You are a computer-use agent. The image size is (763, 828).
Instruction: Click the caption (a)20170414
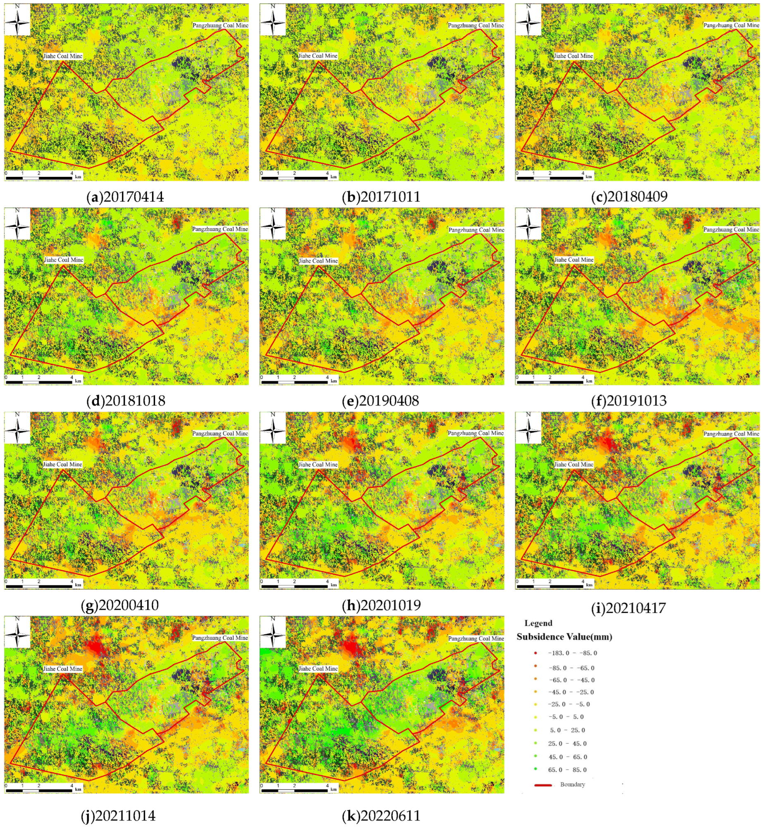[125, 197]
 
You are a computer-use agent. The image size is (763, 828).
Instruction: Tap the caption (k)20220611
[381, 816]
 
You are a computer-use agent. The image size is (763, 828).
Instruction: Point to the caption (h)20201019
[381, 605]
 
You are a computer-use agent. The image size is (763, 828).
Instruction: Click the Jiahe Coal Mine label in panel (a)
[63, 56]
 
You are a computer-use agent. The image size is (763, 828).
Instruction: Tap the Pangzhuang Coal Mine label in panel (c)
[731, 25]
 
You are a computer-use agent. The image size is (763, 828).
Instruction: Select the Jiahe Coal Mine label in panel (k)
[318, 668]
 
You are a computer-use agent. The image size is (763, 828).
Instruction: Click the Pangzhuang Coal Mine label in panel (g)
[220, 433]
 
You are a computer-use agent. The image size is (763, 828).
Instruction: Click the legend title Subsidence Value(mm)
[564, 637]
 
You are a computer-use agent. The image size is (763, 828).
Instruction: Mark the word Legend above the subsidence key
[538, 623]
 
